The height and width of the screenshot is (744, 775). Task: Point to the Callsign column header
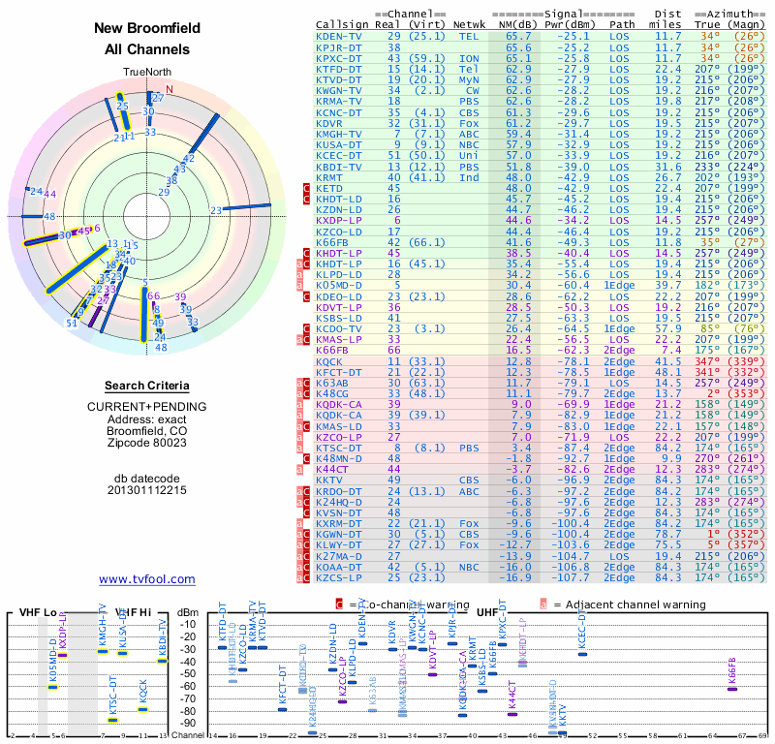pos(342,23)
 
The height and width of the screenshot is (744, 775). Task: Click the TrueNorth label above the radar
pos(146,73)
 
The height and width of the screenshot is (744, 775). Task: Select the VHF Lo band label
pos(36,612)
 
